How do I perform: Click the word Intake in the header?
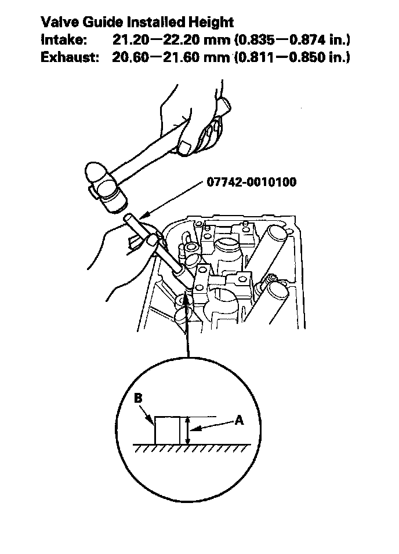[64, 41]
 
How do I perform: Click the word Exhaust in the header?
[68, 59]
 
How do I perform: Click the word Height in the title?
[208, 23]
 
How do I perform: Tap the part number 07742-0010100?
[251, 183]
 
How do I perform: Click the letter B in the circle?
[138, 398]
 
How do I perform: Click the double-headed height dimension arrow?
[187, 431]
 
